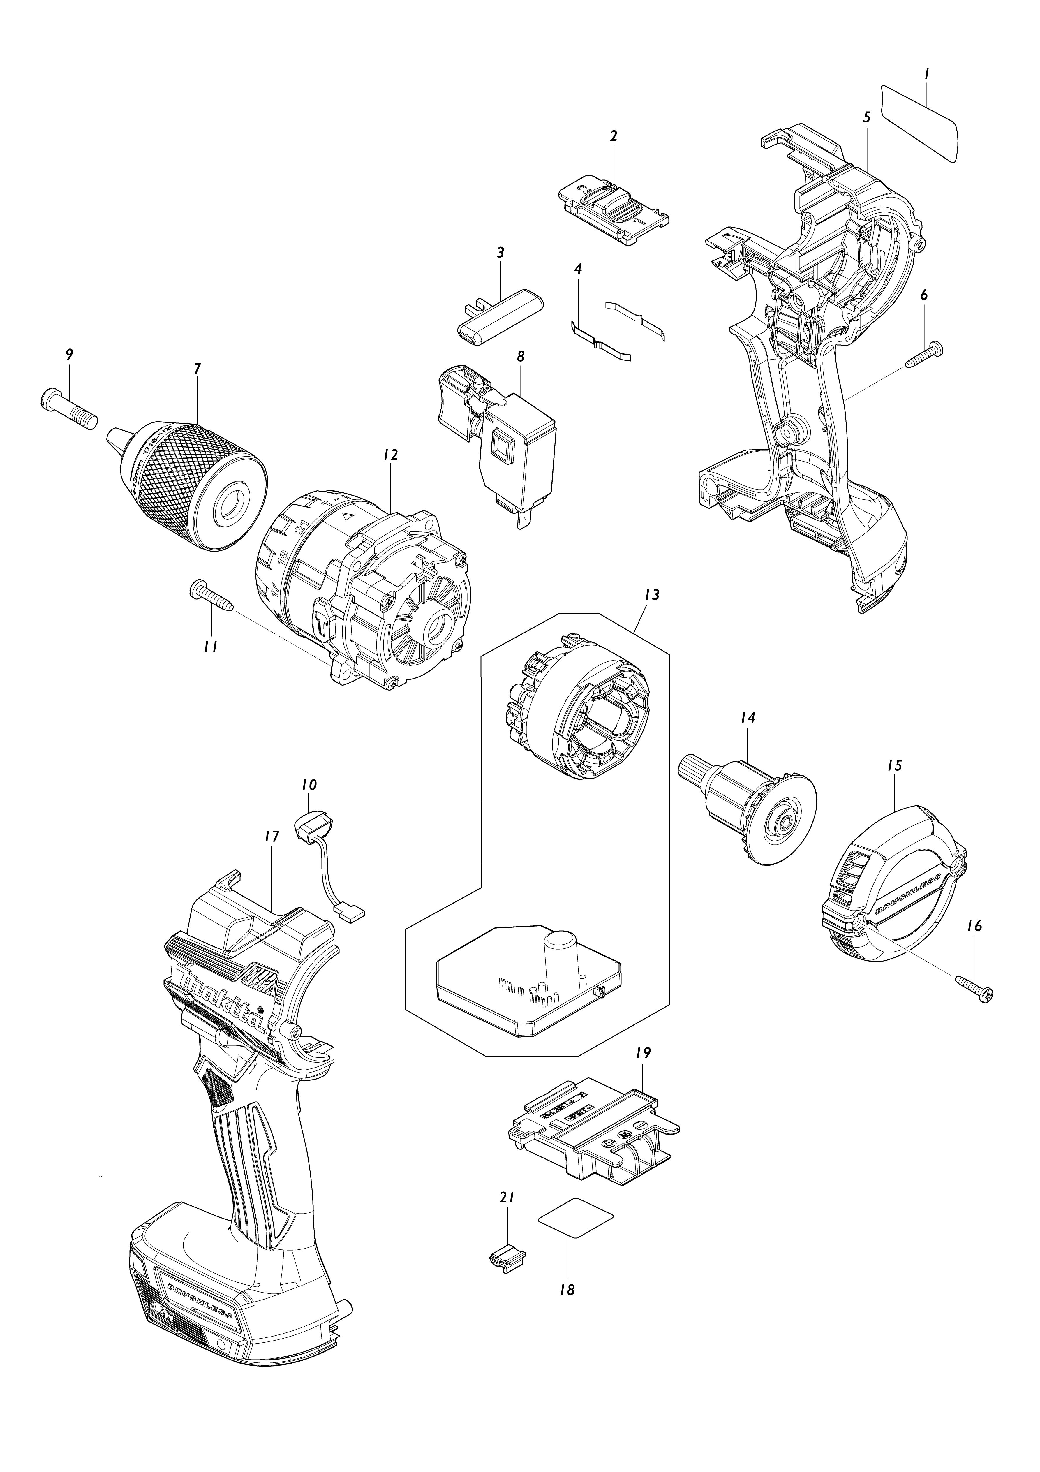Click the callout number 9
[x=69, y=354]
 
